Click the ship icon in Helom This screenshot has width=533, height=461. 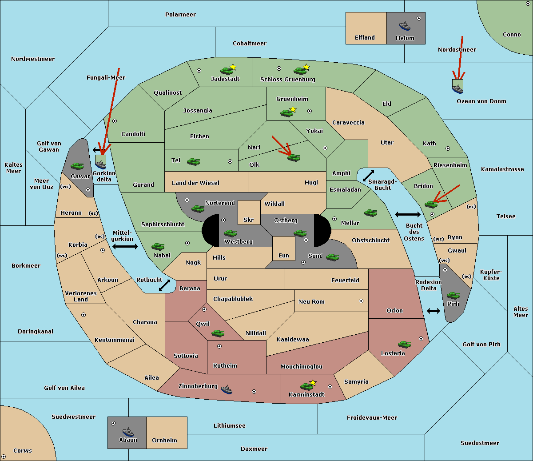pos(405,26)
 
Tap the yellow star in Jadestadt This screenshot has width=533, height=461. pos(233,67)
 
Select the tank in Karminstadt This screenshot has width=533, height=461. pos(306,386)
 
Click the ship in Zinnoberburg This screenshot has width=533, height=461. pos(227,389)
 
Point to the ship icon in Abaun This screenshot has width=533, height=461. pos(128,432)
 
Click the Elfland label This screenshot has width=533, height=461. pos(365,38)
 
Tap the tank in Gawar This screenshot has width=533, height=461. pos(77,166)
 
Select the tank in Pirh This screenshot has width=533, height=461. pos(453,295)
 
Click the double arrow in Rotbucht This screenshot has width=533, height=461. pos(164,285)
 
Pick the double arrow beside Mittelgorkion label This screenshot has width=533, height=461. pos(125,246)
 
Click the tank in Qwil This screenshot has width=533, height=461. pos(218,333)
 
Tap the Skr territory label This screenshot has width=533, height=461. pos(248,220)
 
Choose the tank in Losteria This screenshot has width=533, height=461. pos(404,344)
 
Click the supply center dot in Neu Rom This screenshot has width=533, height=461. pos(361,301)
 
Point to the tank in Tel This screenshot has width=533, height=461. pos(193,161)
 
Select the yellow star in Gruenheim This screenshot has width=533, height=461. pos(293,109)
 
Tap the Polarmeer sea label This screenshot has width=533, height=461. pos(180,15)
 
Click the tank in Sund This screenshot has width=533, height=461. pos(332,257)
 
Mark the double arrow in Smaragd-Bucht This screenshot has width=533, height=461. pos(368,176)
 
